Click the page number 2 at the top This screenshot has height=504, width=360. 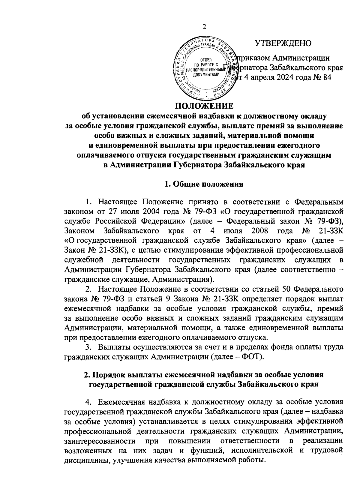205,27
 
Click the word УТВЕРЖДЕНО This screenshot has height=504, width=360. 283,43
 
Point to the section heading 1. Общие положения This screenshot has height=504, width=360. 204,184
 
